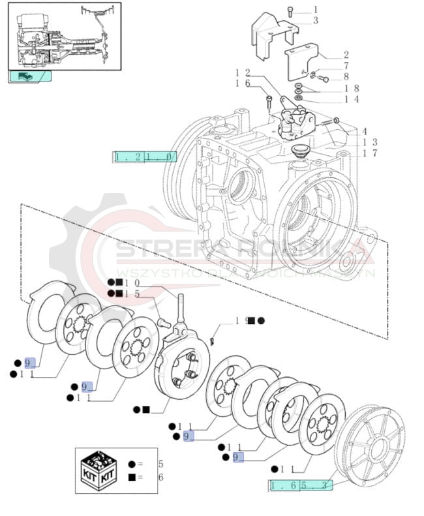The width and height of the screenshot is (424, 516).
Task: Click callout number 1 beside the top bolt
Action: tap(315, 9)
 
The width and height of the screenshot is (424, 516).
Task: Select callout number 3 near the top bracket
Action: tap(315, 20)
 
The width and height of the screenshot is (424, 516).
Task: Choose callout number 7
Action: tap(346, 66)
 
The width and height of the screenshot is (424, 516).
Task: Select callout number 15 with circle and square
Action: tap(133, 294)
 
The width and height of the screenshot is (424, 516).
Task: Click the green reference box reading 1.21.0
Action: tap(145, 157)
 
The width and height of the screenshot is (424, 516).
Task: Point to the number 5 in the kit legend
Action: tap(160, 464)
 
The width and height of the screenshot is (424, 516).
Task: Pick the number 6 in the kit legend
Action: tap(160, 477)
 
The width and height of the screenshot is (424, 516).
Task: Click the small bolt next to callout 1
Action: tap(290, 9)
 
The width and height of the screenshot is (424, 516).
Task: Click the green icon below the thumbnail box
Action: tap(29, 76)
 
